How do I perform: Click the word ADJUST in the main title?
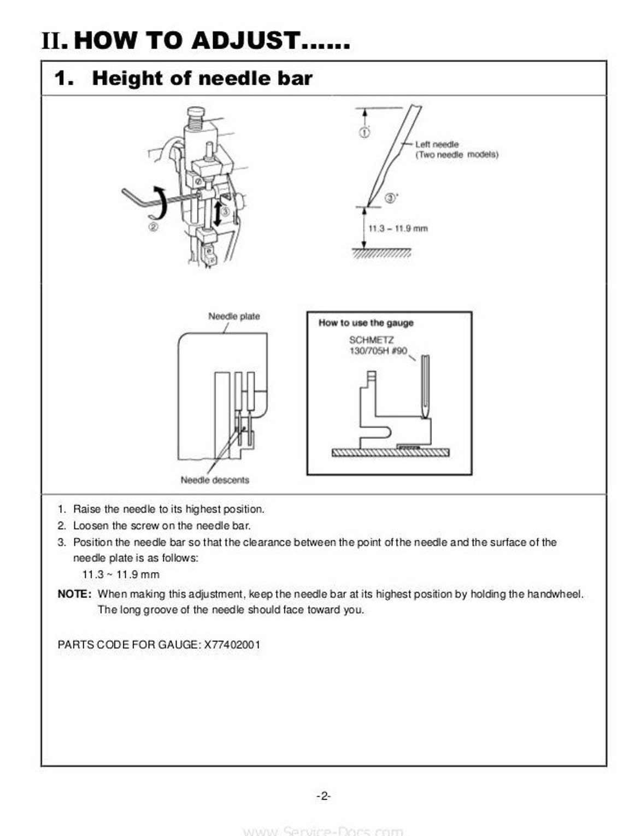coord(245,40)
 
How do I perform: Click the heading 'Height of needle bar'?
coord(202,78)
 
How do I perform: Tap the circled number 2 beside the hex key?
coord(153,227)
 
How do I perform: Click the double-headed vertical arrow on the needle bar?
coord(217,214)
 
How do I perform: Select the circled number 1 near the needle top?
coord(365,132)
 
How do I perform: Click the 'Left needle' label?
coord(437,144)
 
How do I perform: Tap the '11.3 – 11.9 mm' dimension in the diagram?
coord(398,228)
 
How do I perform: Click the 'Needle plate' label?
coord(234,316)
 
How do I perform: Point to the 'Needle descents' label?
coord(215,480)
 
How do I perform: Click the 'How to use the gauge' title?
coord(366,323)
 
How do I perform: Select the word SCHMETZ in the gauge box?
coord(366,340)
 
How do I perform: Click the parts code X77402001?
coord(232,645)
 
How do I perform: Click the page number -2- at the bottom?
coord(324,796)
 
